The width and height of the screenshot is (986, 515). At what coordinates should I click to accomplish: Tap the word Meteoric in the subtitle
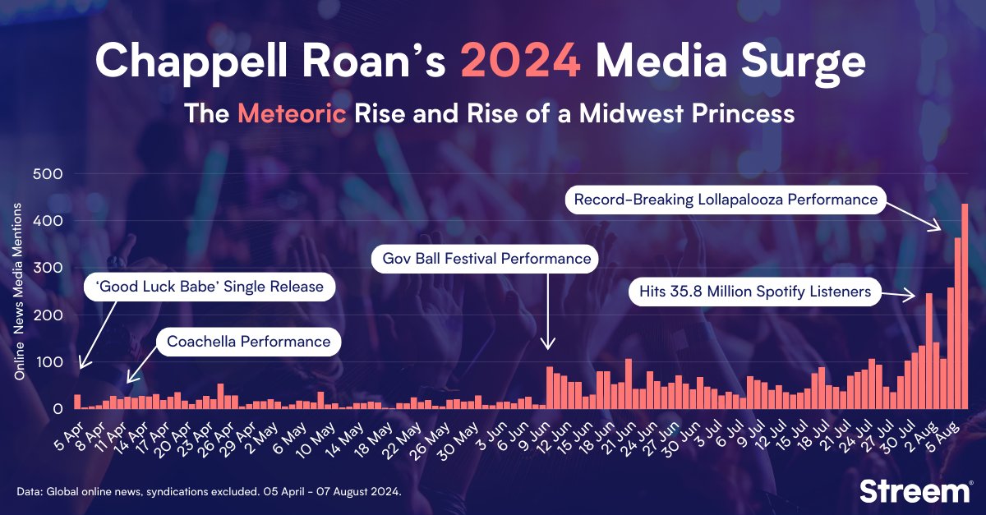[x=292, y=113]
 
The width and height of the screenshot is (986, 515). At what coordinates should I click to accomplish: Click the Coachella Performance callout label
[x=248, y=342]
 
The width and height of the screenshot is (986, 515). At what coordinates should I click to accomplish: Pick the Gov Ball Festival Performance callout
[x=486, y=260]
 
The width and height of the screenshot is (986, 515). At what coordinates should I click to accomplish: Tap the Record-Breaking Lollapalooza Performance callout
[x=726, y=199]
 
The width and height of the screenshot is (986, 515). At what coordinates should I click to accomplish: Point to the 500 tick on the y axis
[x=48, y=174]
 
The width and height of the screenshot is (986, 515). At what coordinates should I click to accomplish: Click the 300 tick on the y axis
[x=48, y=269]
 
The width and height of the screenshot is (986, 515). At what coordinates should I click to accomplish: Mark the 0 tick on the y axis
[x=58, y=409]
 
